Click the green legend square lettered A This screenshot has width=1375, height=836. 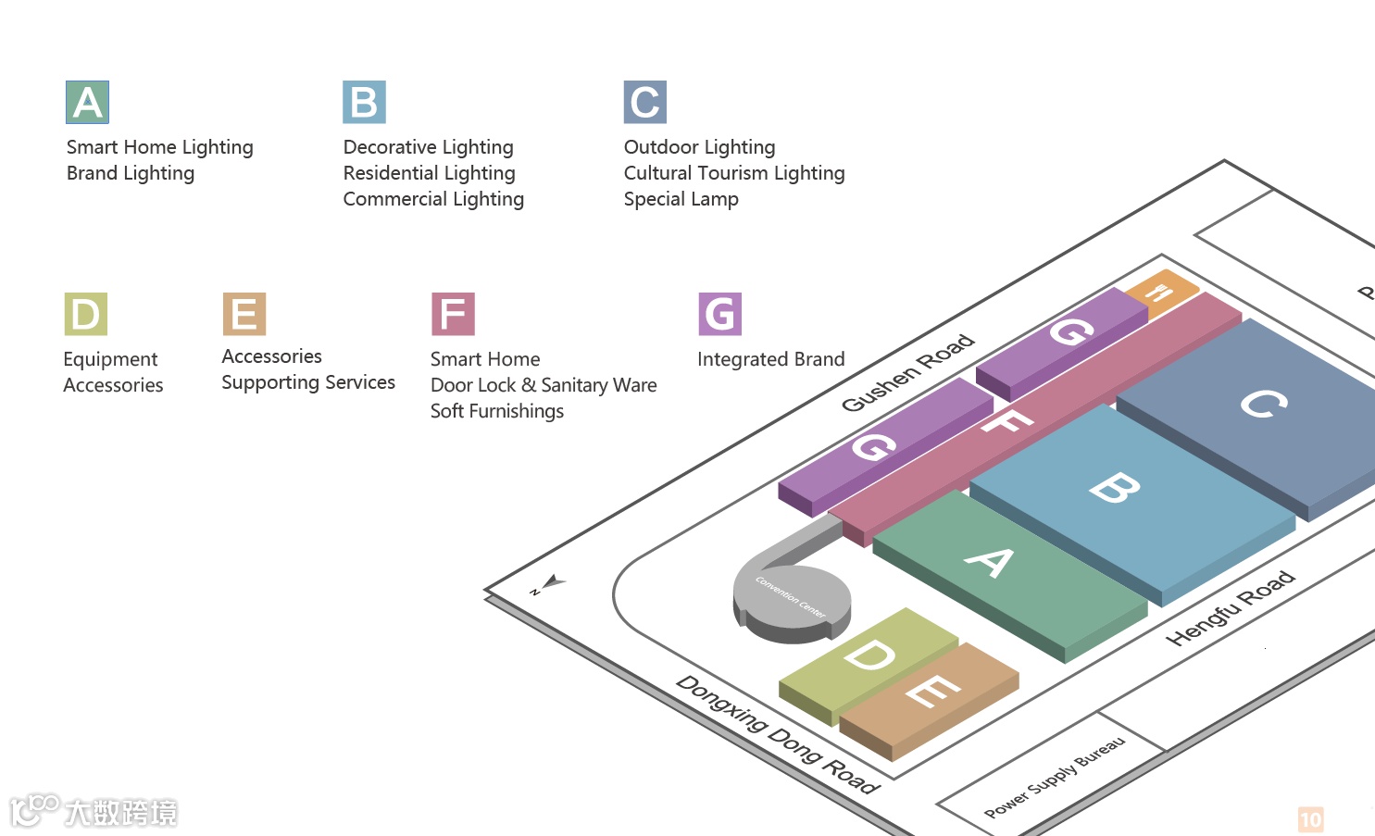[x=88, y=102]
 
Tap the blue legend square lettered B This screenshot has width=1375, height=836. [x=364, y=102]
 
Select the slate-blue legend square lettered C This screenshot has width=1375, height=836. [x=644, y=102]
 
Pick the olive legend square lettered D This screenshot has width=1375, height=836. [x=85, y=314]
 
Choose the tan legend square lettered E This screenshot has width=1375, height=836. [x=244, y=314]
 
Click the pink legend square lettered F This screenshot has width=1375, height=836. [x=453, y=314]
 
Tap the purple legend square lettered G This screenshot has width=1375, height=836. [x=719, y=314]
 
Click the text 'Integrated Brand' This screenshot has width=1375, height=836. [x=770, y=359]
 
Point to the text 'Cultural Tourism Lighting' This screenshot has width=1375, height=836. [x=733, y=173]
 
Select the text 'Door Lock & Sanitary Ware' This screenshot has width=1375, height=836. [x=544, y=385]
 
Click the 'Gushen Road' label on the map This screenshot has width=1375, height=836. [x=906, y=372]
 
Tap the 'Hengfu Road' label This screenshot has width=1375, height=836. [x=1230, y=608]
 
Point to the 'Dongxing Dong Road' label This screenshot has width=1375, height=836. [x=777, y=734]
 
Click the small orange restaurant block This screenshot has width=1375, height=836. [x=1161, y=290]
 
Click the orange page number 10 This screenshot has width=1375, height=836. [x=1310, y=819]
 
